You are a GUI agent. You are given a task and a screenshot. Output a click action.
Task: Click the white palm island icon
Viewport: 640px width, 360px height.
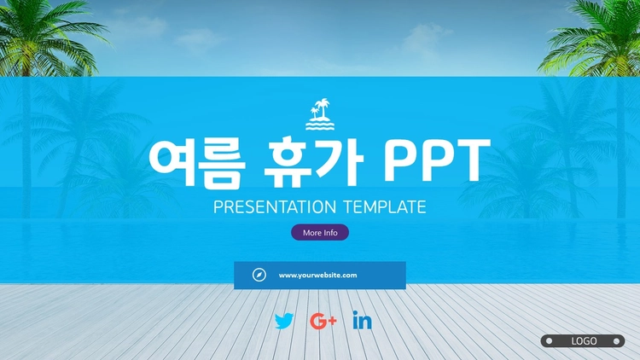coord(320,114)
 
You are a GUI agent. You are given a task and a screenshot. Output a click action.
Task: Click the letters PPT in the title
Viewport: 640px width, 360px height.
coord(437,161)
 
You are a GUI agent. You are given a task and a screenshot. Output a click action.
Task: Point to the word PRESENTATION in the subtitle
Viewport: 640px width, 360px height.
coord(275,207)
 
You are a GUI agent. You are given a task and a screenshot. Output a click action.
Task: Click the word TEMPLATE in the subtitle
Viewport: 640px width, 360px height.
coord(385,207)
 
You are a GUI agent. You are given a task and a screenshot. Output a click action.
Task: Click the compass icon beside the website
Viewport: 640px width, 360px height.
coord(259,275)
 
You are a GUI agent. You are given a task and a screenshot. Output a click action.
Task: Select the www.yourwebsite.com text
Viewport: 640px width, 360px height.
coord(318,276)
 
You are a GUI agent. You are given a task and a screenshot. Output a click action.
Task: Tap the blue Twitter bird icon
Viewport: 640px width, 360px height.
coord(284,321)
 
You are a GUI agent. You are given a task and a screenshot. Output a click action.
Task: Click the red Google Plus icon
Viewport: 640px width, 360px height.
coord(323,322)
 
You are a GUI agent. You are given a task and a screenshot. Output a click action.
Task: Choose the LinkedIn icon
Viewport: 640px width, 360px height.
coord(362,320)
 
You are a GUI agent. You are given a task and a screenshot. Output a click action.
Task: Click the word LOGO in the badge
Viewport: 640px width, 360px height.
coord(584,341)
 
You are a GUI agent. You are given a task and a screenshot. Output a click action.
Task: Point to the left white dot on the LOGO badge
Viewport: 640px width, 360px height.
coord(550,341)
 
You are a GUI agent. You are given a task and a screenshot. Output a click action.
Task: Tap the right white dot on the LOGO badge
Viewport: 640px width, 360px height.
coord(616,341)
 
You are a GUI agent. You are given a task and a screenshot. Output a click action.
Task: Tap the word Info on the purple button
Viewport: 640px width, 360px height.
coord(330,233)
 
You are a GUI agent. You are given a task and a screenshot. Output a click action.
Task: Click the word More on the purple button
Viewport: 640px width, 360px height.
coord(312,233)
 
